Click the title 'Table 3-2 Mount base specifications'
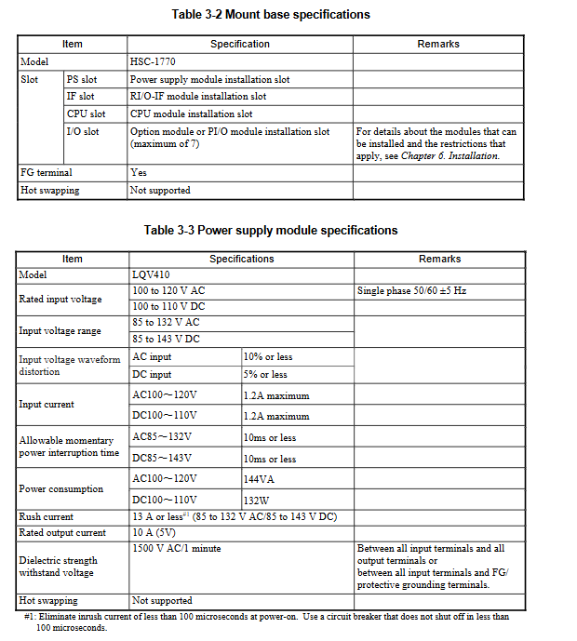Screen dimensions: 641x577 tap(271, 14)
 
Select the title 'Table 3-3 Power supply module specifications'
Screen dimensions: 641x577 tap(271, 230)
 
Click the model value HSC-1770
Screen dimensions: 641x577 tap(153, 61)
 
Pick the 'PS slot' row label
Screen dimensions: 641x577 tap(81, 79)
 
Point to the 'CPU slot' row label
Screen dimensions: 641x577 tap(86, 114)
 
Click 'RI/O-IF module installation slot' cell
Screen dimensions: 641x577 tap(198, 97)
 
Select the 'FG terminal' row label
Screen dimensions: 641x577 tap(46, 172)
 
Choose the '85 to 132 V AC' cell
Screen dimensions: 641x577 tap(167, 322)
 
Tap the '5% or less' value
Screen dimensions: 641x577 tap(265, 375)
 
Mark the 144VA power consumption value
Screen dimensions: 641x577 tap(260, 478)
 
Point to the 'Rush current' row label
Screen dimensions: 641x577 tap(47, 516)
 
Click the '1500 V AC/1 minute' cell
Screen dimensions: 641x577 tap(177, 549)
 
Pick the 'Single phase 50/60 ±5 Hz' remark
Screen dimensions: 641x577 tap(411, 291)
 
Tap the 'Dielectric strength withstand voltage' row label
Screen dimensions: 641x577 tap(59, 567)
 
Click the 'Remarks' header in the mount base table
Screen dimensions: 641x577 tap(438, 44)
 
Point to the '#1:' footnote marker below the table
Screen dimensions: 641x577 tap(30, 617)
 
